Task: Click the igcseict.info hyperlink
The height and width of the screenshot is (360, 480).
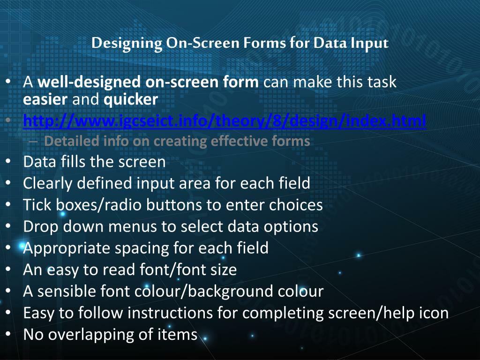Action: [x=225, y=121]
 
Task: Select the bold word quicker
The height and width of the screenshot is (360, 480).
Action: [x=131, y=99]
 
